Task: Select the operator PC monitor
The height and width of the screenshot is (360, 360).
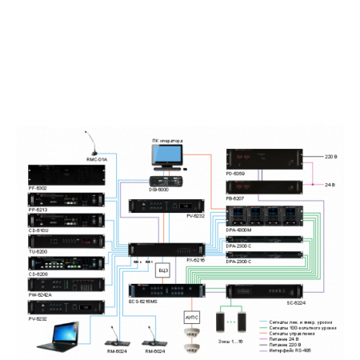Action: (167, 155)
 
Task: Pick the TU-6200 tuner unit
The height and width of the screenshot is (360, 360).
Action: (67, 241)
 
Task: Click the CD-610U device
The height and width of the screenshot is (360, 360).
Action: (67, 218)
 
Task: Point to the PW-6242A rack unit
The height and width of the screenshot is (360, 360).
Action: (67, 285)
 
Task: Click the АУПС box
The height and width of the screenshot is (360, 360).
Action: (192, 318)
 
